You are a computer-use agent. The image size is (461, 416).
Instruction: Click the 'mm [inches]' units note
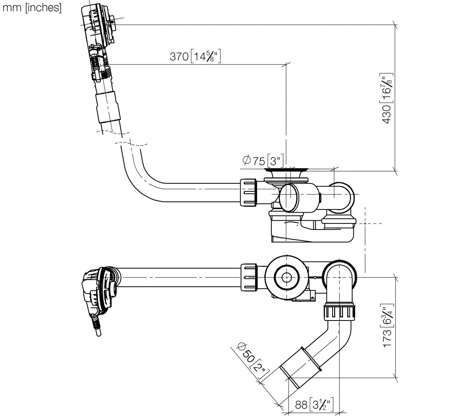pos(32,8)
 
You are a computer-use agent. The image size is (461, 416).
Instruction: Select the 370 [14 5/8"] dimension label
pos(195,56)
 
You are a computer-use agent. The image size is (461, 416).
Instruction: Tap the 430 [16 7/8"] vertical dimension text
pos(387,98)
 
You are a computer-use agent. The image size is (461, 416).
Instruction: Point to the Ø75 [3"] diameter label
pos(263,161)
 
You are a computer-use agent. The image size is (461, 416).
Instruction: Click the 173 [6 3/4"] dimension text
pos(387,325)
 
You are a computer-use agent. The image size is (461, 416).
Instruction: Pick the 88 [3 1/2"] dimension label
pos(314,404)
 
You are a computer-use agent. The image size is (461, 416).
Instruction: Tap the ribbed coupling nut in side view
pos(249,193)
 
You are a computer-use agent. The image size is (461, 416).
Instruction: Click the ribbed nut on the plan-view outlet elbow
pos(339,313)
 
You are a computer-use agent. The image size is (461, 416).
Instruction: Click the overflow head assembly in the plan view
pos(100,295)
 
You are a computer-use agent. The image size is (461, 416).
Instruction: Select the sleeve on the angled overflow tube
pos(108,107)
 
